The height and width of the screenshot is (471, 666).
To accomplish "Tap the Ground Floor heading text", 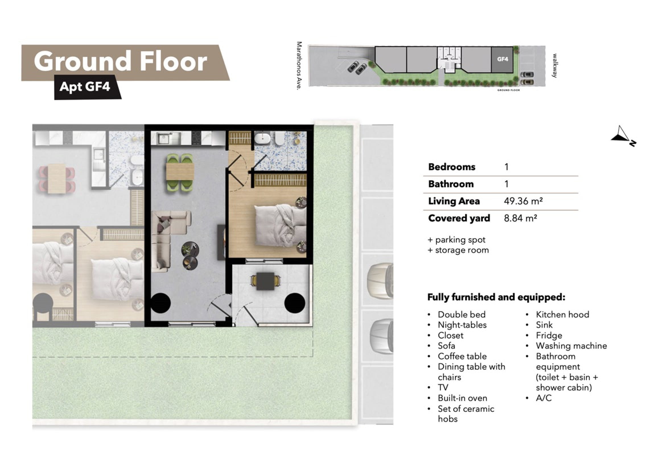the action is coord(121,61).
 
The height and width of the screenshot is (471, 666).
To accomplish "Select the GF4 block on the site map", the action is coord(502,59).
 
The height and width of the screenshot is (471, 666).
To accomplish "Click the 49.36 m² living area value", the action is coord(523,201).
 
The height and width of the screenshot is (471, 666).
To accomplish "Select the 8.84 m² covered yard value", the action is coord(520,218).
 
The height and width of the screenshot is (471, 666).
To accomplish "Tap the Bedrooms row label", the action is coord(452,167).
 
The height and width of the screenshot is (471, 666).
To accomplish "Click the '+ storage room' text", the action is coord(458,250).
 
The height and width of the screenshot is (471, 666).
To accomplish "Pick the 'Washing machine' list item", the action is coord(571,346).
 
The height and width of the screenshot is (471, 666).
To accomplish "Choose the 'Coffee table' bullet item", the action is coord(462,356).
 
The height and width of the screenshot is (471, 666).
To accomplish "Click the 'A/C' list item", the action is coord(544,398).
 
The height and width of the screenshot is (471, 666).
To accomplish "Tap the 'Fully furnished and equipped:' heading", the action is coord(496,297).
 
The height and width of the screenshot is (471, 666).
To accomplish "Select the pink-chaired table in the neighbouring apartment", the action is coord(57,178).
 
